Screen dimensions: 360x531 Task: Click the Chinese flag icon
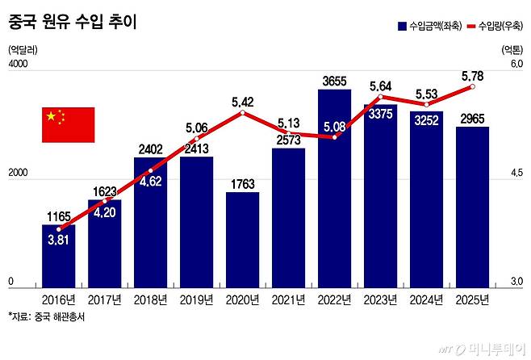[x=68, y=124]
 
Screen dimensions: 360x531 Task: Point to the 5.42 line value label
[x=243, y=102]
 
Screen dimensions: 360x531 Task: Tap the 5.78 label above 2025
[x=472, y=76]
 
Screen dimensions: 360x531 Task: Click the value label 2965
[x=473, y=119]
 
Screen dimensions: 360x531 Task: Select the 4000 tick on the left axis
[x=19, y=64]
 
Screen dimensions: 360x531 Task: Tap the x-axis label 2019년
[x=197, y=299]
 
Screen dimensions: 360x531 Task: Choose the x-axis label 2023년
[x=381, y=299]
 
